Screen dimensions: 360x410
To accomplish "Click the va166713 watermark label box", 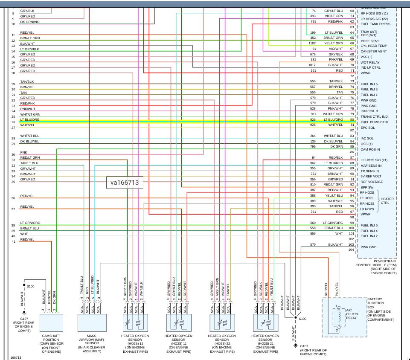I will pos(125,183).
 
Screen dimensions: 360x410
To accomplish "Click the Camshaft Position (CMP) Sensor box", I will pos(51,322).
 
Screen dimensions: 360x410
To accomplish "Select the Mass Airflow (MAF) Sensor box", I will pos(92,322).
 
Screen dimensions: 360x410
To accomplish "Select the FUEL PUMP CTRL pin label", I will pos(375,122).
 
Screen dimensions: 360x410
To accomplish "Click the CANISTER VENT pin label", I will pos(374,52).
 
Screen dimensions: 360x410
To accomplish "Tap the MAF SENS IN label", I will pos(371,165).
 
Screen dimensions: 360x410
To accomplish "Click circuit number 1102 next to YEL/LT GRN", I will pos(313,43).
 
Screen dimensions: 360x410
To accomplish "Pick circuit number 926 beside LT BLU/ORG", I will pos(313,120).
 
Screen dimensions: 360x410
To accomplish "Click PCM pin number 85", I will pos(352,147).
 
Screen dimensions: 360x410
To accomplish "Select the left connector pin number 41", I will pos(13,242).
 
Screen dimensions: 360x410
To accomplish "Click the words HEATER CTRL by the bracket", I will pos(387,200).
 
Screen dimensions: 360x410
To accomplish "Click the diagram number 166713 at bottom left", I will pos(16,357).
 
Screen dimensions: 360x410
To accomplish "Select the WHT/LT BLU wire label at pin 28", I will pos(29,136).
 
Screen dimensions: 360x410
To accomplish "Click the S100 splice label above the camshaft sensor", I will pos(31,286).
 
